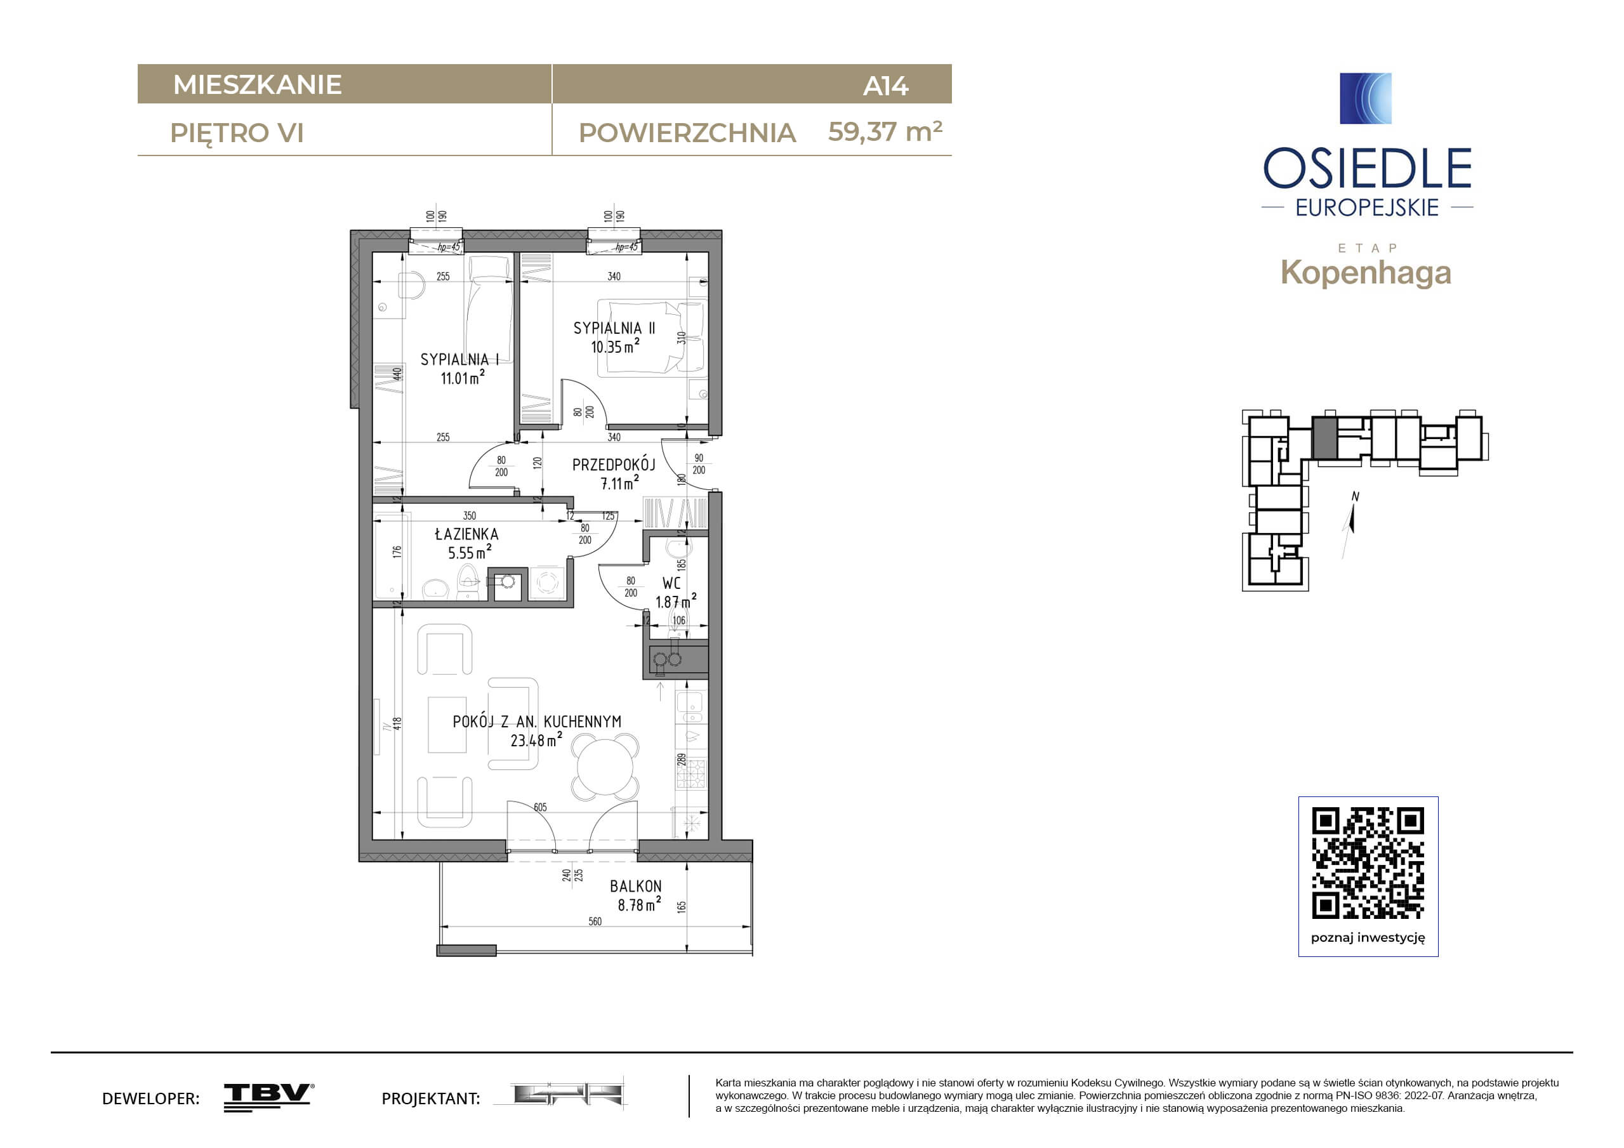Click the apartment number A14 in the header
click(x=885, y=86)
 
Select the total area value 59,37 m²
click(x=885, y=131)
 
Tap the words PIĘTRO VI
click(x=237, y=133)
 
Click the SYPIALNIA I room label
click(x=459, y=359)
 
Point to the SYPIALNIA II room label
click(x=614, y=328)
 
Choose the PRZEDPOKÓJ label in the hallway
click(x=613, y=465)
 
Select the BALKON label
click(x=636, y=887)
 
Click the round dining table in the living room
click(x=605, y=767)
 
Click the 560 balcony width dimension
click(x=595, y=921)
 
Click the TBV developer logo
click(x=269, y=1097)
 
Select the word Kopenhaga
click(x=1366, y=273)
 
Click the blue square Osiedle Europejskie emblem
click(x=1366, y=98)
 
